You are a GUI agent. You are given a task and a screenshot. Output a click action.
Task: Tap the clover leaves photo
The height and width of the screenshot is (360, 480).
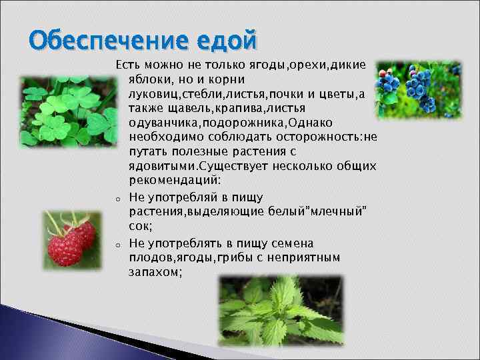[65, 111]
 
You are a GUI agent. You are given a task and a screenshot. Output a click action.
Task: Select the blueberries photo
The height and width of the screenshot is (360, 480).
[418, 89]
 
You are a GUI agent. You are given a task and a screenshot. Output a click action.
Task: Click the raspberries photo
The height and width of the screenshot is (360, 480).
[70, 238]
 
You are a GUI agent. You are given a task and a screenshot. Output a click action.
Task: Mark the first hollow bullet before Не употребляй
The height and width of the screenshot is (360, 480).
[116, 199]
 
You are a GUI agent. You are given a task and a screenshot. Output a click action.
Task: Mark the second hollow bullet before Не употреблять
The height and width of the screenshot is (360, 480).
[116, 244]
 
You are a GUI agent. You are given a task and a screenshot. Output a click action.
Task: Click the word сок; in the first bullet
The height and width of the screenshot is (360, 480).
[140, 226]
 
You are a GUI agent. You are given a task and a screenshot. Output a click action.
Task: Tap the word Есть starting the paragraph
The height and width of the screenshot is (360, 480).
[127, 65]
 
